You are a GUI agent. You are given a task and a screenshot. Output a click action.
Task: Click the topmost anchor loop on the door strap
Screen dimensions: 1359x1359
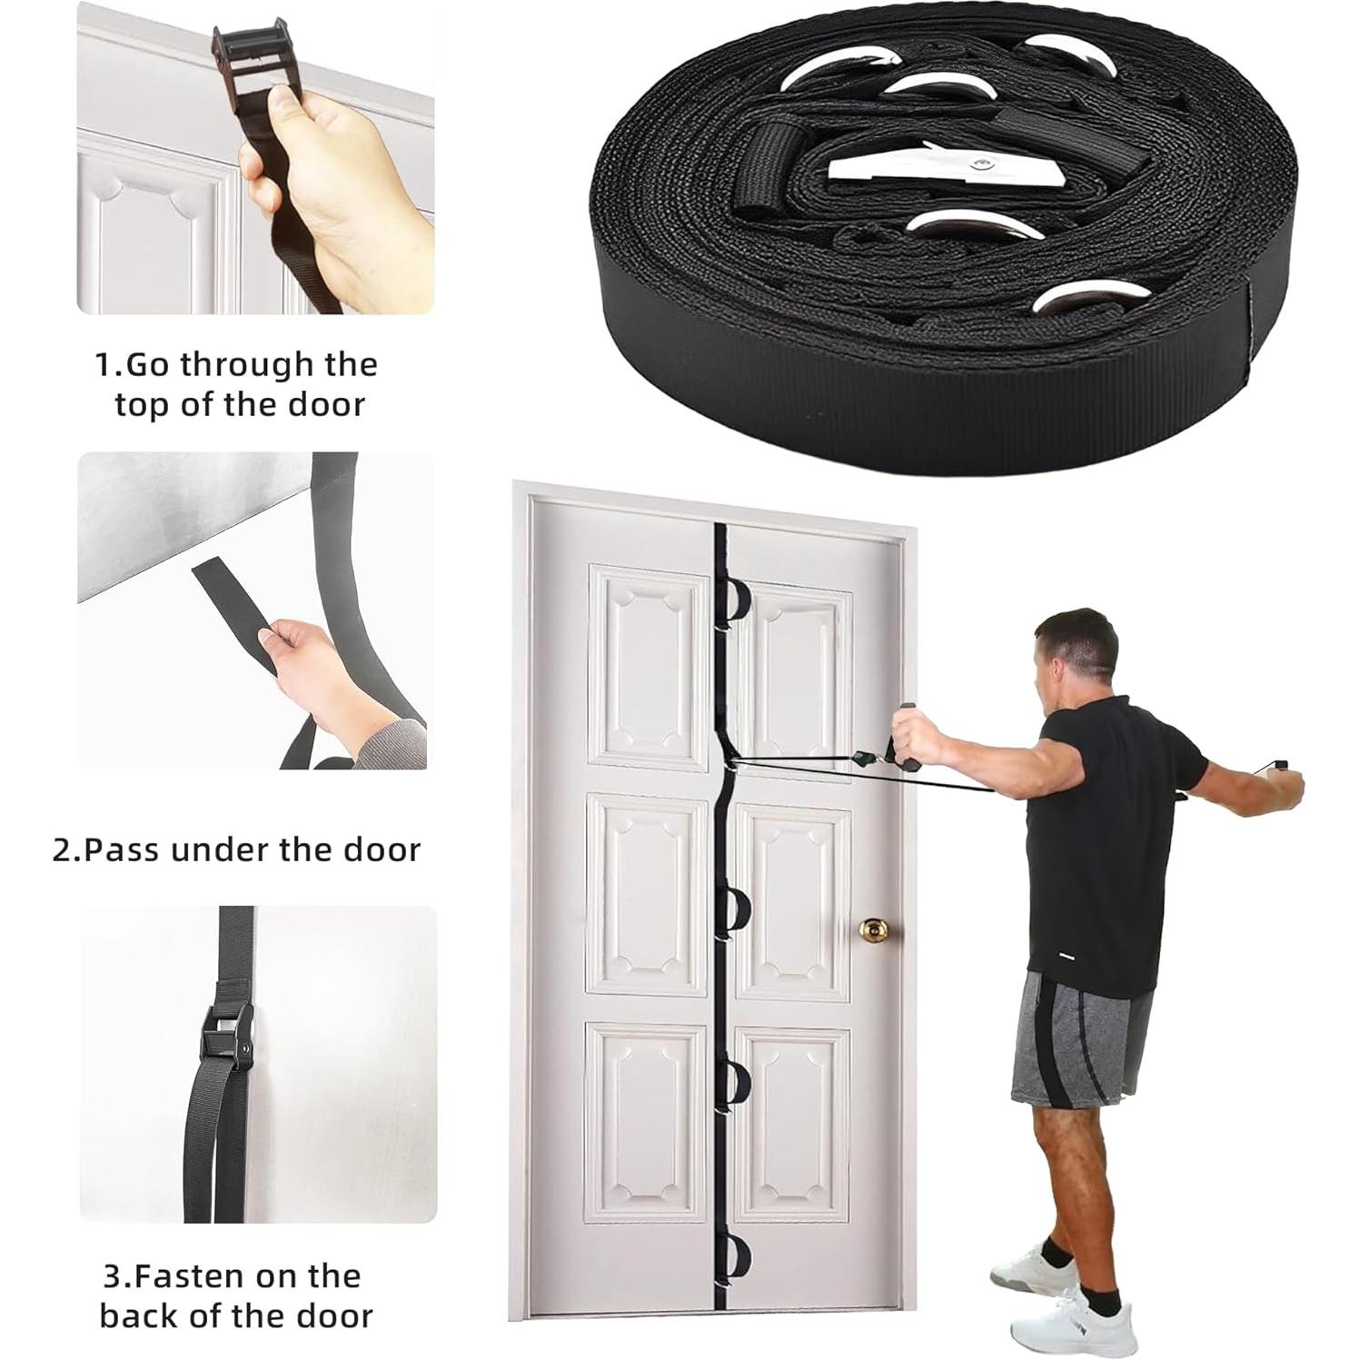tap(732, 600)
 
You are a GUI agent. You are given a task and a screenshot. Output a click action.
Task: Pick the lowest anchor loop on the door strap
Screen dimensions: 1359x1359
tap(732, 1259)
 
